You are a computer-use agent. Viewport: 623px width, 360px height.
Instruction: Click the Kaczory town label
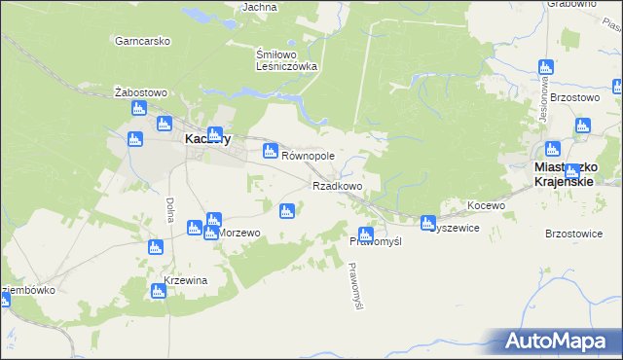[x=207, y=139]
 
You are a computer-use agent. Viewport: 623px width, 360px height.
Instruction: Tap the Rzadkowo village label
[x=337, y=185]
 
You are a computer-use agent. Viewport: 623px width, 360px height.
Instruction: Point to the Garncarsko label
[x=142, y=41]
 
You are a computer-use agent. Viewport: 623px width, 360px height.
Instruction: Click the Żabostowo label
[x=141, y=92]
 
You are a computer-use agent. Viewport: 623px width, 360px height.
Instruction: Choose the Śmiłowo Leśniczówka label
[x=286, y=60]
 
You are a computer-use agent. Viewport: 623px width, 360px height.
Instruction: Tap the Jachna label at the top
[x=259, y=7]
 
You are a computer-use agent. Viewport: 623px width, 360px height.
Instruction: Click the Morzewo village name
[x=239, y=234]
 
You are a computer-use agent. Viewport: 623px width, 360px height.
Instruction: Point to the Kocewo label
[x=486, y=205]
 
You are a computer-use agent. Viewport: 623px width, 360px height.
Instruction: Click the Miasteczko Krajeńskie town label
[x=578, y=174]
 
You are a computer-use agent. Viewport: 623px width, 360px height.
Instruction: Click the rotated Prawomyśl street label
[x=355, y=287]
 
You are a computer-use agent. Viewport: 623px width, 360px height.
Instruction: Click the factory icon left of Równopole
[x=271, y=151]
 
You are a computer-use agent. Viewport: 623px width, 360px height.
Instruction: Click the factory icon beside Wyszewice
[x=427, y=224]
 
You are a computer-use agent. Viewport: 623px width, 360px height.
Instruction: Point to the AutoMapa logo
[x=561, y=341]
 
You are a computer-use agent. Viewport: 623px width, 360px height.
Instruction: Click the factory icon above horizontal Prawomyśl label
[x=365, y=234]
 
